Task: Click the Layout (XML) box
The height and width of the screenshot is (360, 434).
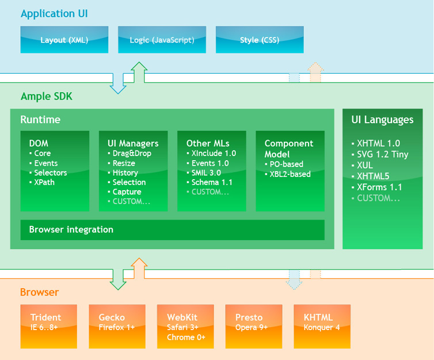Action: coord(64,40)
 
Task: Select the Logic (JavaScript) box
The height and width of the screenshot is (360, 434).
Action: coord(162,40)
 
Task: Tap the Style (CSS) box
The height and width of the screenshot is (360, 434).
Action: coord(260,40)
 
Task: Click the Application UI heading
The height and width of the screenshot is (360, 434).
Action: coord(54,13)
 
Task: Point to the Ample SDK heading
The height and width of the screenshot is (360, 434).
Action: coord(47,96)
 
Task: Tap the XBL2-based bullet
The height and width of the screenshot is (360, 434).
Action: coord(290,174)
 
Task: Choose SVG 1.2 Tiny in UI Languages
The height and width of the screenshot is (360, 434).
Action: coord(382,154)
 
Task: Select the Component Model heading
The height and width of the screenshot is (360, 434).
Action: coord(289,149)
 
